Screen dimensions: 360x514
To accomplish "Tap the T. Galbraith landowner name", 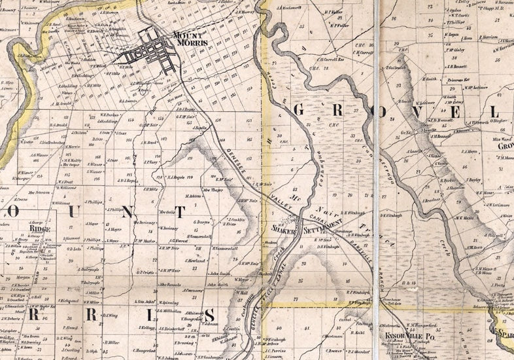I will tap(397, 68).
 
